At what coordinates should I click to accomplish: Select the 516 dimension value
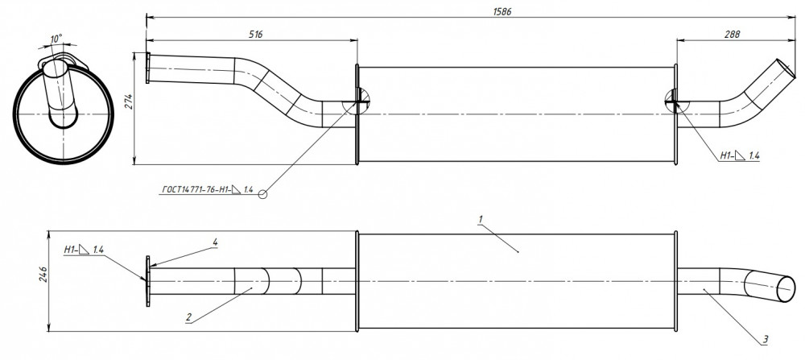click(x=256, y=35)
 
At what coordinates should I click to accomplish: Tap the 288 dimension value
click(x=733, y=35)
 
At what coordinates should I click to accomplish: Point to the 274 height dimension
click(x=130, y=101)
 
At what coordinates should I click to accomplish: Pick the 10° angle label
click(x=56, y=39)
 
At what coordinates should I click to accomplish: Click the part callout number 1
click(x=481, y=219)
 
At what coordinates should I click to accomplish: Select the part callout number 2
click(x=188, y=317)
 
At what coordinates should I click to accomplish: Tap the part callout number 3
click(x=766, y=339)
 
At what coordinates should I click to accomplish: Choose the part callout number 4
click(x=216, y=242)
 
